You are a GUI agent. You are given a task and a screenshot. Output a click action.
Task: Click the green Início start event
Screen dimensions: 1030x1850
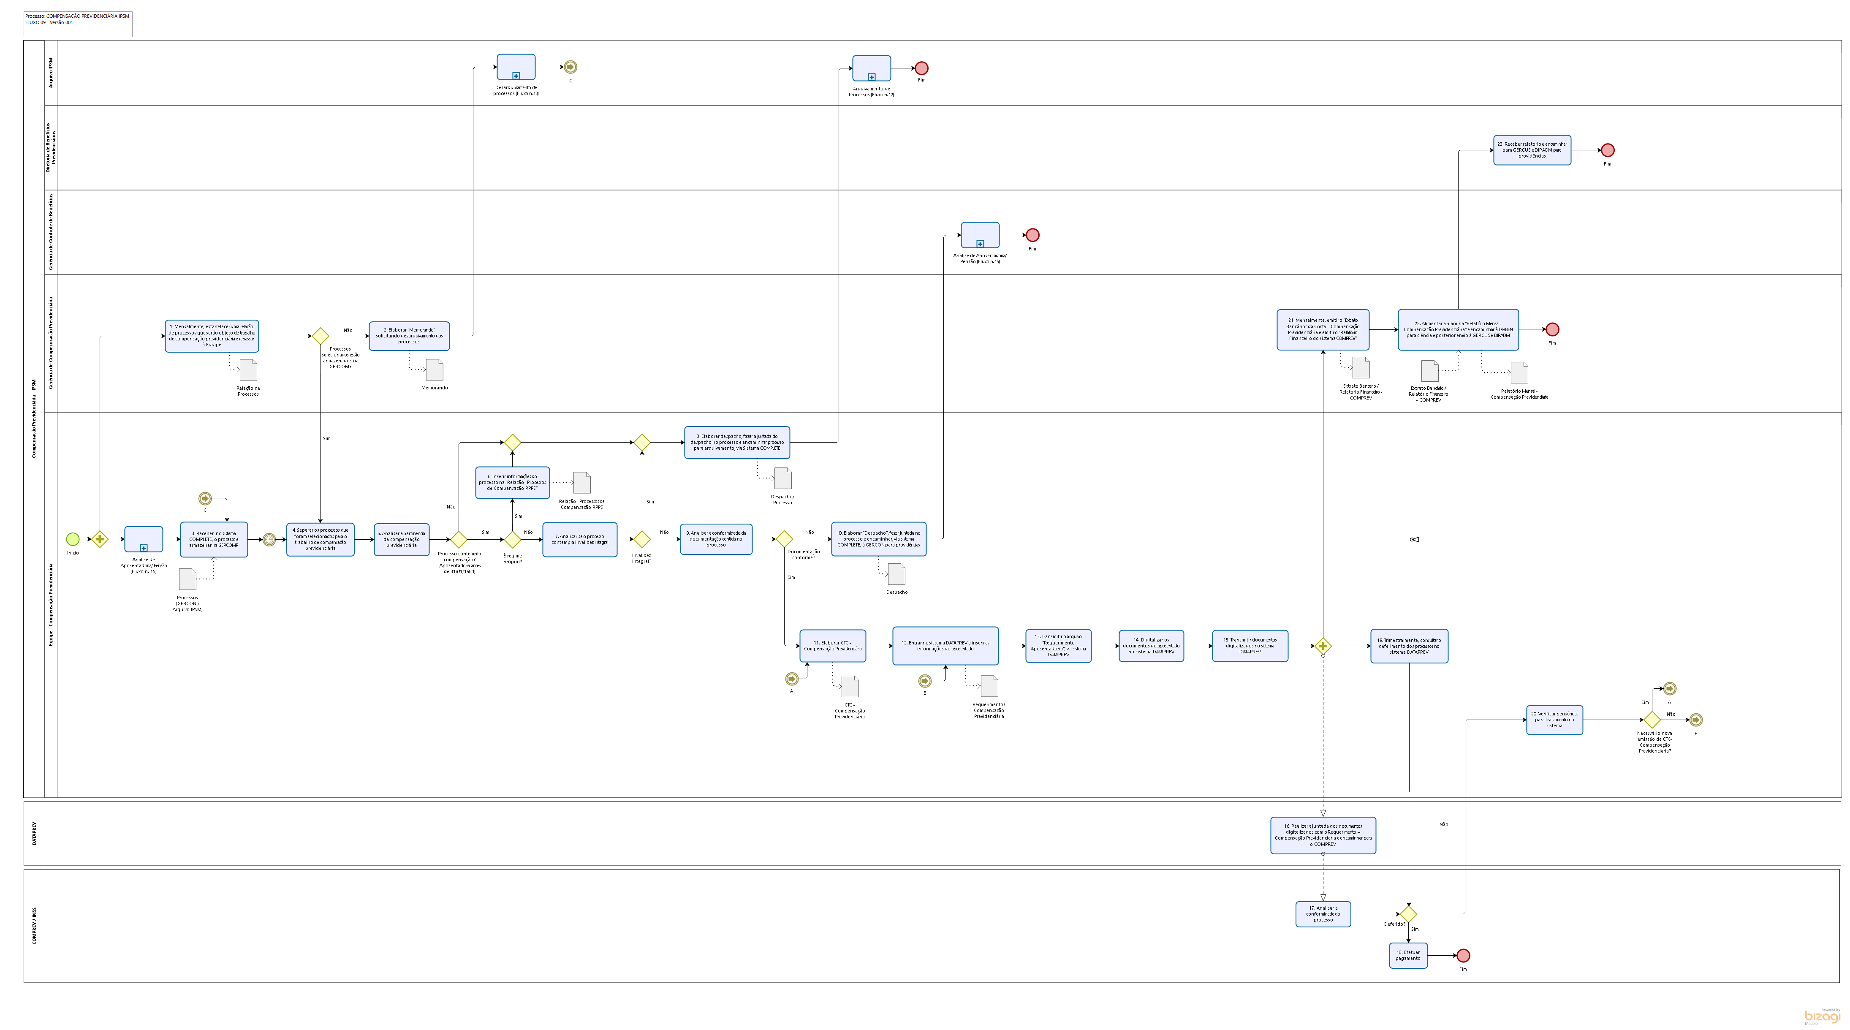click(x=73, y=539)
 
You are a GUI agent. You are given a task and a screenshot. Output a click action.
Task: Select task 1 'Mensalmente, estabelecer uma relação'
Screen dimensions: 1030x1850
click(x=212, y=335)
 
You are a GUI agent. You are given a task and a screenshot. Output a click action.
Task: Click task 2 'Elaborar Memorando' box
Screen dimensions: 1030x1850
click(x=409, y=335)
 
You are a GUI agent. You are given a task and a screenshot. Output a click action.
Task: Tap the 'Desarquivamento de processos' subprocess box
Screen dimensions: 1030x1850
click(x=516, y=67)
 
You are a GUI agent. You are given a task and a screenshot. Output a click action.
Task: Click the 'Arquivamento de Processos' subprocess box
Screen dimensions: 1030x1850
click(x=871, y=68)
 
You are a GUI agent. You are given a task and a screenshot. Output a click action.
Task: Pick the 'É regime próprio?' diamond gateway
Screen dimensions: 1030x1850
click(x=512, y=539)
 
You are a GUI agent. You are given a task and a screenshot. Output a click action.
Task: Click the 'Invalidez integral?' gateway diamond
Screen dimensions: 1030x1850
click(x=641, y=539)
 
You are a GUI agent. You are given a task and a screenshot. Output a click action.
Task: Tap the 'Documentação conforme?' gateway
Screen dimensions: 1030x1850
click(x=784, y=539)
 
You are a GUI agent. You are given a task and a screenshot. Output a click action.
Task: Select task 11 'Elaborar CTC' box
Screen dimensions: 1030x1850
click(x=832, y=646)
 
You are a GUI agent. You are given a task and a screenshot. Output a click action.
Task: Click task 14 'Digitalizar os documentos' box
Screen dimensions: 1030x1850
click(x=1151, y=646)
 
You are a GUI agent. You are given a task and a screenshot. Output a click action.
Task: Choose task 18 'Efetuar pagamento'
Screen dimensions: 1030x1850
click(x=1407, y=955)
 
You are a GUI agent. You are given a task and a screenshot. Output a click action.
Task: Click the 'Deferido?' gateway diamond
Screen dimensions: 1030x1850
click(x=1408, y=913)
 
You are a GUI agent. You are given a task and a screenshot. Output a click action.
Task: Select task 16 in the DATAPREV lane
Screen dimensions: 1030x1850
click(x=1323, y=834)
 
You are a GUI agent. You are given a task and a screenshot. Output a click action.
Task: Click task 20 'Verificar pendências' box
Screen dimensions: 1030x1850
click(x=1554, y=720)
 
